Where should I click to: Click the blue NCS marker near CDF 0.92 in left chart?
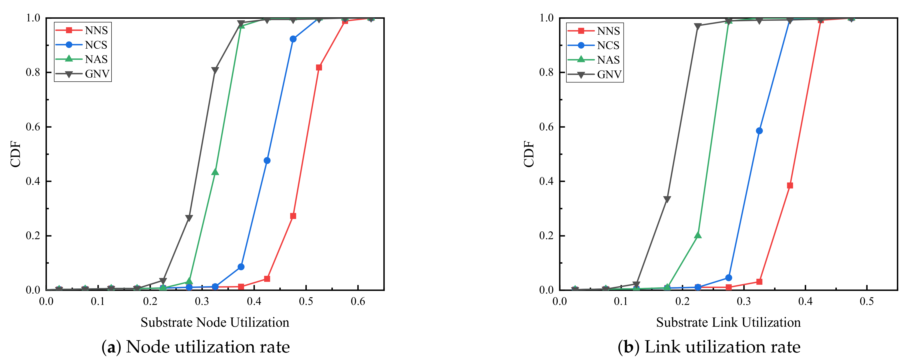pyautogui.click(x=293, y=39)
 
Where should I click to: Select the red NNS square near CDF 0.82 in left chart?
pyautogui.click(x=319, y=67)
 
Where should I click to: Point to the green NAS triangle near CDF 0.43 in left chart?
pyautogui.click(x=215, y=172)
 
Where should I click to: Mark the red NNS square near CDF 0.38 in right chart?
pyautogui.click(x=790, y=185)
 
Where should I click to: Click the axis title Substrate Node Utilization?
pyautogui.click(x=215, y=322)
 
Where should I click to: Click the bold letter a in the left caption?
pyautogui.click(x=111, y=347)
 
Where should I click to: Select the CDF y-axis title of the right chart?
pyautogui.click(x=529, y=154)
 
